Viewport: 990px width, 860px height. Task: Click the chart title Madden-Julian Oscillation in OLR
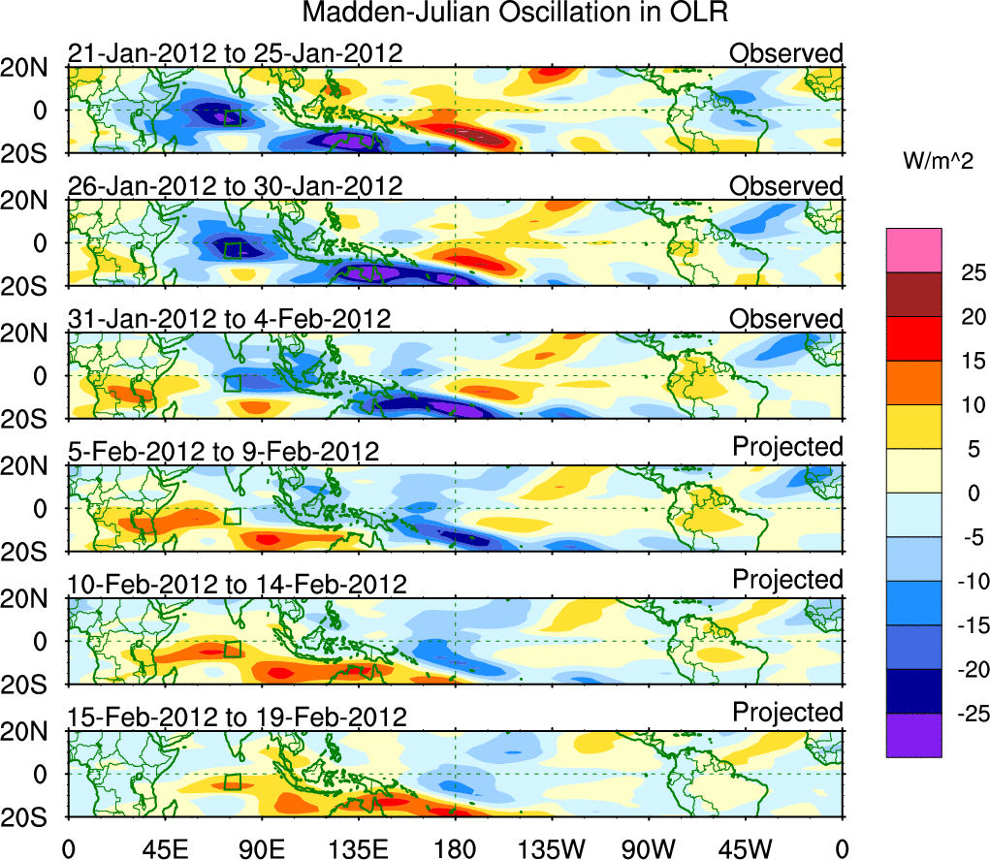[514, 14]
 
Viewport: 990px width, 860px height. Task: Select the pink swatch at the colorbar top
[913, 250]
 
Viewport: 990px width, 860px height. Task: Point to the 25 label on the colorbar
[972, 272]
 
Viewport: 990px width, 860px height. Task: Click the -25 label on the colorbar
[968, 714]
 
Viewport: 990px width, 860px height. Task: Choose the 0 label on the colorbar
[972, 493]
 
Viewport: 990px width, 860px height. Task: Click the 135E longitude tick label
[359, 847]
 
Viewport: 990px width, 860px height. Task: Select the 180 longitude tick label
[455, 847]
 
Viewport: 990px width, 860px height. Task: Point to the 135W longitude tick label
[553, 847]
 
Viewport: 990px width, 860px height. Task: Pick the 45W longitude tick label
[747, 847]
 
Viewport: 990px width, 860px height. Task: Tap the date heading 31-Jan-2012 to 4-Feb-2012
[229, 319]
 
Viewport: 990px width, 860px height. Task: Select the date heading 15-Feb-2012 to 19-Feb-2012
[237, 717]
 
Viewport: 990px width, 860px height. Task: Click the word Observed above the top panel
[786, 53]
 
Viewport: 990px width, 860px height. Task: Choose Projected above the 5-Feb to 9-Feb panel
[787, 447]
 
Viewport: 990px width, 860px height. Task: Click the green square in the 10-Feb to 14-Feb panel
[233, 649]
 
